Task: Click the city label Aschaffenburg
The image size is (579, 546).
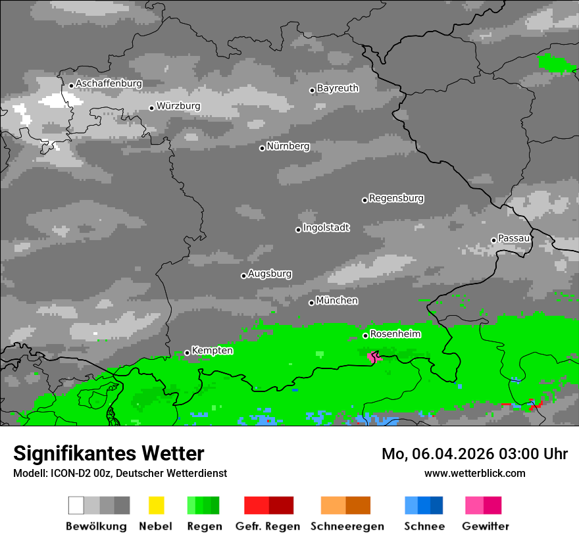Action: [x=109, y=84]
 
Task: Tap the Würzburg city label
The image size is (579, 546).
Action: [x=178, y=106]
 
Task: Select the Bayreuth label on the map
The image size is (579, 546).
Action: [x=338, y=88]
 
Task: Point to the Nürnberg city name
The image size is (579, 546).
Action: [x=288, y=146]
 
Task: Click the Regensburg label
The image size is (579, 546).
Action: [x=396, y=198]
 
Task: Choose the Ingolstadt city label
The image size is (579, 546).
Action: [x=326, y=228]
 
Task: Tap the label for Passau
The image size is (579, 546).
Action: [x=514, y=238]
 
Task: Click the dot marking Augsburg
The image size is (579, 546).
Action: [x=243, y=276]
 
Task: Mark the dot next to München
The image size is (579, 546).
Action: [x=311, y=303]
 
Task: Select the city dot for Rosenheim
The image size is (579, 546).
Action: [x=365, y=335]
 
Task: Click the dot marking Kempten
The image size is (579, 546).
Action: [x=187, y=353]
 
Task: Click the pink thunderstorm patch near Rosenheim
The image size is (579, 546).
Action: [x=372, y=357]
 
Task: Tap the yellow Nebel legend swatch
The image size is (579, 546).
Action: [x=156, y=505]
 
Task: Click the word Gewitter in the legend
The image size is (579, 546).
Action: [x=486, y=526]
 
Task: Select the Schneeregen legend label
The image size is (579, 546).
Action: [x=347, y=526]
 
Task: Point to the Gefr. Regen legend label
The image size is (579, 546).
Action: [x=268, y=526]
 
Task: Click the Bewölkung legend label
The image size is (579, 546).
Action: [x=96, y=526]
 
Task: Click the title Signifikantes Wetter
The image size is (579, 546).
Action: [x=109, y=454]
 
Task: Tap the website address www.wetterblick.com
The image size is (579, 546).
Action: [x=474, y=473]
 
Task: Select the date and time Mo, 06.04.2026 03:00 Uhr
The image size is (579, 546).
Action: [x=474, y=454]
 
